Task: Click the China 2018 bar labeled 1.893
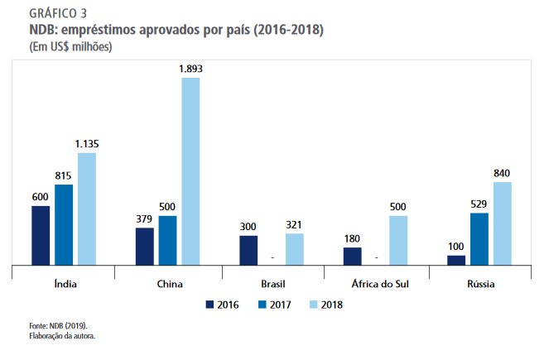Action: (190, 170)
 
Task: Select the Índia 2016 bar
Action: (41, 235)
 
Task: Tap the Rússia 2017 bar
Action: (479, 239)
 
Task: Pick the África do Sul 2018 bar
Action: (399, 240)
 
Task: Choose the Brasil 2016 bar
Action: (248, 250)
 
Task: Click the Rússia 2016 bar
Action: (456, 260)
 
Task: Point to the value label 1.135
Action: (87, 144)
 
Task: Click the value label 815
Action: (64, 175)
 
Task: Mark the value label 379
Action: (144, 218)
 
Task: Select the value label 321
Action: (295, 224)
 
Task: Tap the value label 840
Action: (502, 173)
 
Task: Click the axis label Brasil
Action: (272, 284)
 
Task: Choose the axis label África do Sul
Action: (376, 284)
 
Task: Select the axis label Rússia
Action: (480, 284)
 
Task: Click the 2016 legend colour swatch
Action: (210, 304)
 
